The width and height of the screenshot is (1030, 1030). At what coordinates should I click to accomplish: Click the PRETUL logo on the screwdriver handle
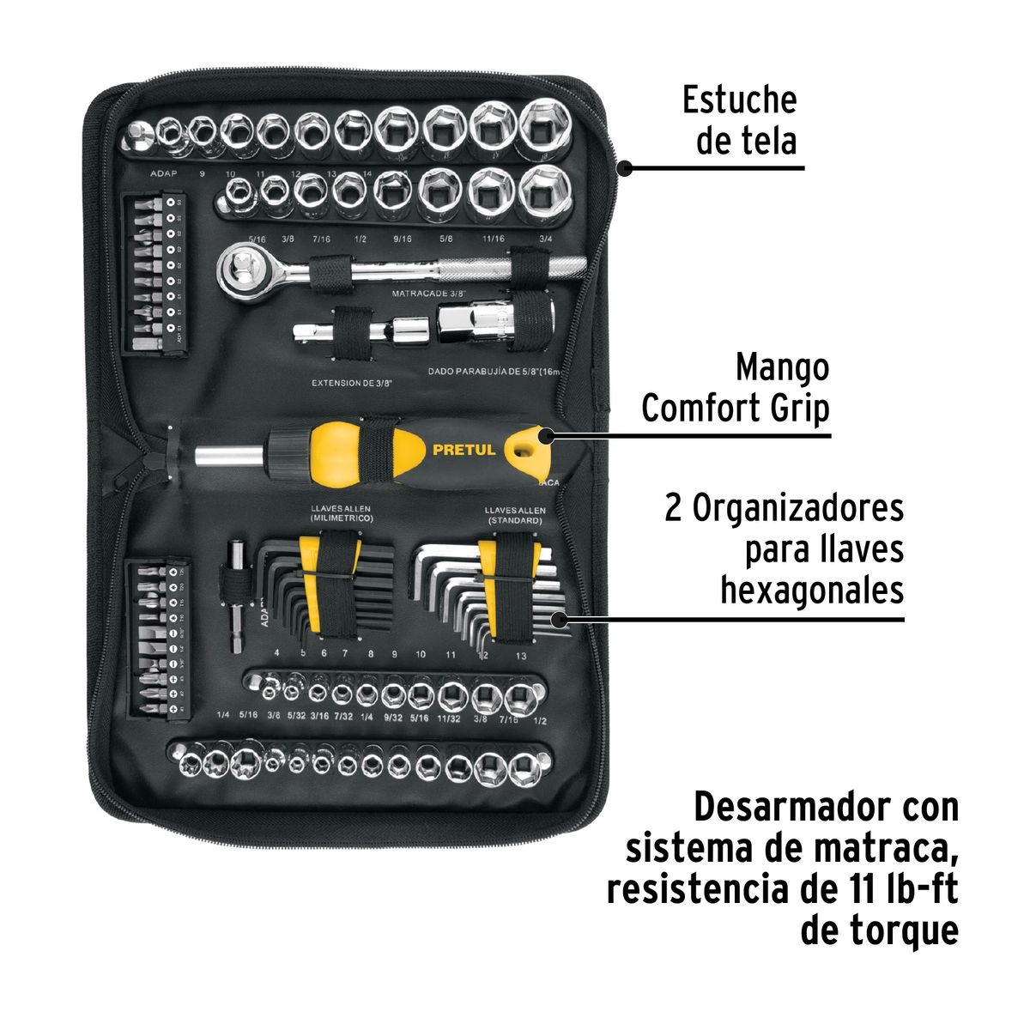(463, 450)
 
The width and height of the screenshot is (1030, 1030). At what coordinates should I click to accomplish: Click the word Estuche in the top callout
(739, 100)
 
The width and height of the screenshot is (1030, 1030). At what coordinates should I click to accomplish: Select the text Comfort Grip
(736, 409)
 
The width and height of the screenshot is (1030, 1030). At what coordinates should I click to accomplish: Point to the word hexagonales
(811, 591)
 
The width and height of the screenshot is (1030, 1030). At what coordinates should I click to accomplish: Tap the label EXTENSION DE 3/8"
(351, 383)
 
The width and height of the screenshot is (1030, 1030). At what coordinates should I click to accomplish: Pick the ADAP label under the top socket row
(164, 173)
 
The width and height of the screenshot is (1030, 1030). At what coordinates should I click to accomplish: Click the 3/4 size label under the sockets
(545, 239)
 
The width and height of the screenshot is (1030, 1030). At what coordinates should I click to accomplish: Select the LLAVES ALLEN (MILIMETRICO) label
(341, 514)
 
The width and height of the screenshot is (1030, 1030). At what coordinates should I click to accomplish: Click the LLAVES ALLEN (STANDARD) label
(513, 514)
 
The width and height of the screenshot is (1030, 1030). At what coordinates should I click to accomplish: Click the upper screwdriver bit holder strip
(155, 272)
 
